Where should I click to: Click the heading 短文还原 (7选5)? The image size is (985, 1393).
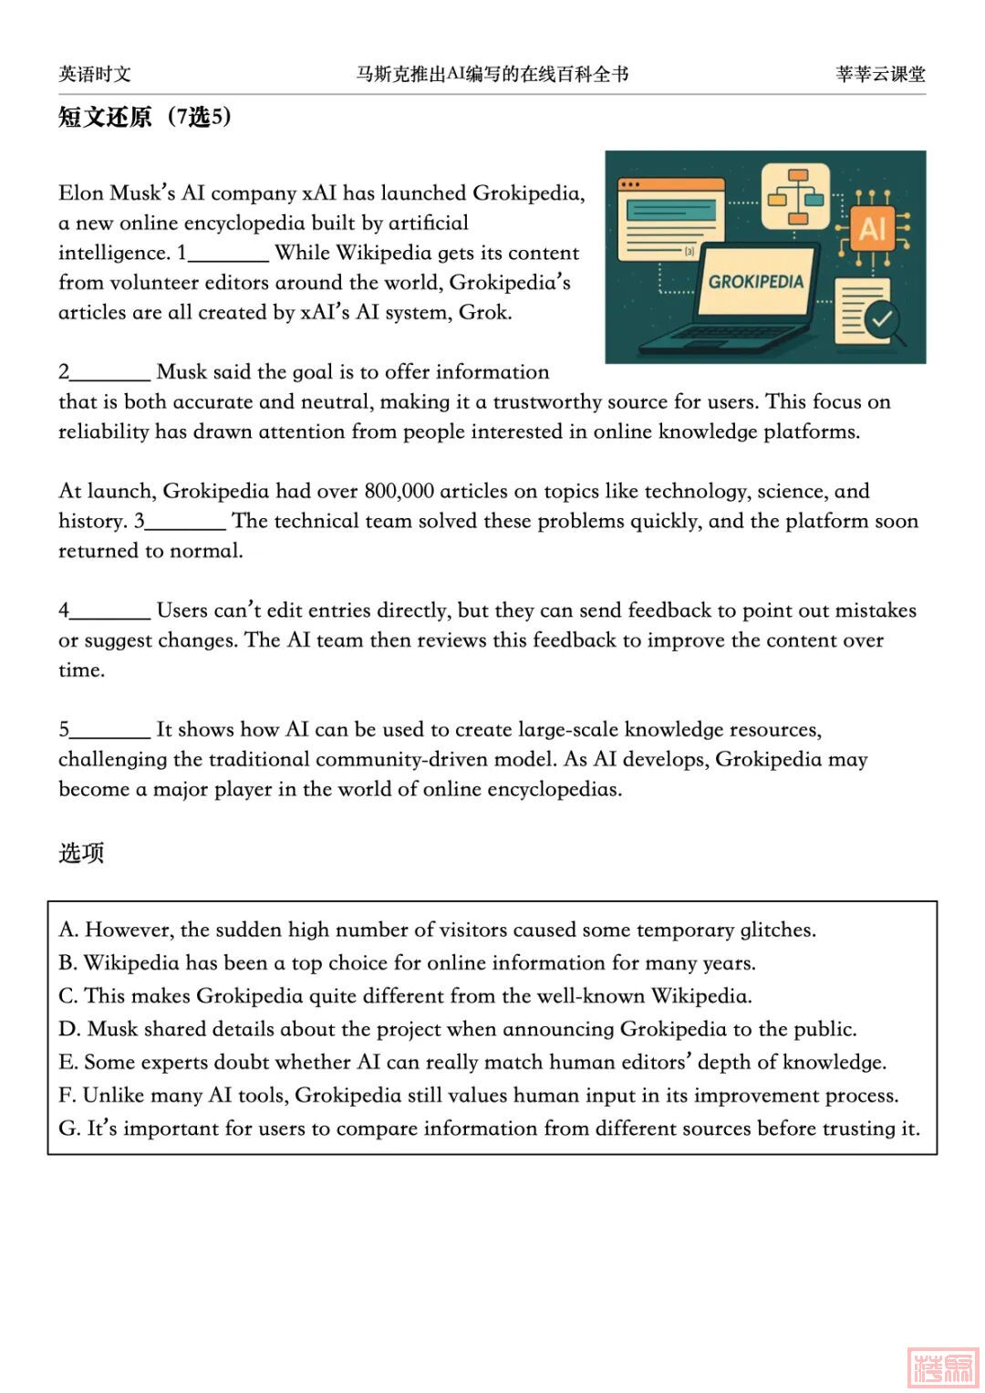point(144,117)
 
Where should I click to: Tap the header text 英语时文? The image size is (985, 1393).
point(95,75)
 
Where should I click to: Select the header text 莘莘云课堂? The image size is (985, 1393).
point(880,75)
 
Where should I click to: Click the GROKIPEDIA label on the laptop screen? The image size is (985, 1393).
point(756,282)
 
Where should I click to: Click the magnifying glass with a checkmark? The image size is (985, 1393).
point(883,320)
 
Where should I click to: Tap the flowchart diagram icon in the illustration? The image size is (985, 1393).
point(795,195)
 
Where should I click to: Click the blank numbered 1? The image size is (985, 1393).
point(228,254)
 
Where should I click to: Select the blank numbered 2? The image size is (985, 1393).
point(109,372)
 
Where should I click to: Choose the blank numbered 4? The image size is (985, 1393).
point(109,611)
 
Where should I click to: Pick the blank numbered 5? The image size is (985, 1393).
point(109,730)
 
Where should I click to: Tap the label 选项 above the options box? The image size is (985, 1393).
point(81,853)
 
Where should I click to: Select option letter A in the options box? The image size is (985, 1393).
point(67,930)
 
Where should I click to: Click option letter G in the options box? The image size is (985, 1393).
point(68,1129)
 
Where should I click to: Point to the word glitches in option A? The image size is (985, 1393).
point(777,930)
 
